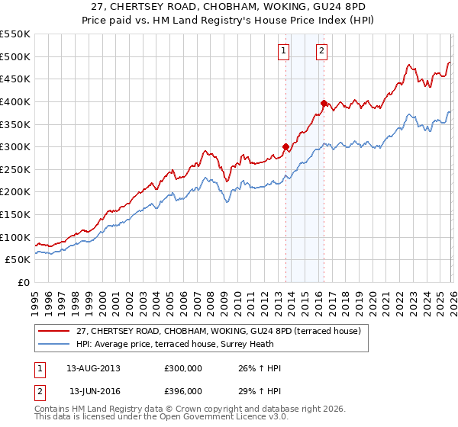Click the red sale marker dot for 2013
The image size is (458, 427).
[285, 146]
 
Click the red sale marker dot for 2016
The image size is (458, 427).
[324, 103]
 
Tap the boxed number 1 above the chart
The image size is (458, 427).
[283, 51]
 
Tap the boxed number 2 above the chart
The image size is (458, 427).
[321, 51]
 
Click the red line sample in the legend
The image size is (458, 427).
[55, 330]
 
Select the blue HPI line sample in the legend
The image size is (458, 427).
[55, 343]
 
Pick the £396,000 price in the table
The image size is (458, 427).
[182, 390]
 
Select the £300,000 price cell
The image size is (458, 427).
[182, 368]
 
